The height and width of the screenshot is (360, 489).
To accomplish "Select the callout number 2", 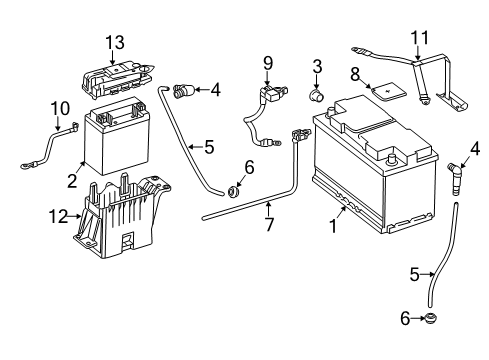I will pos(72,181).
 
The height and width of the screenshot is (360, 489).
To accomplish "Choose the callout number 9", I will pos(267,63).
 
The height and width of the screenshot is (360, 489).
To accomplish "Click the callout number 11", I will pos(421,39).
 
